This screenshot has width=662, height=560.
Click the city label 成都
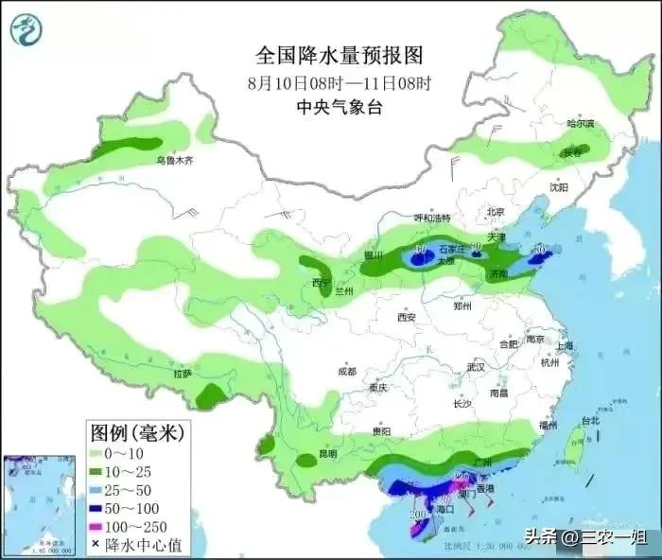coord(347,371)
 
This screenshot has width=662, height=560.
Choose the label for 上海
coord(566,346)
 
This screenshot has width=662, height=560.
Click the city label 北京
coord(497,211)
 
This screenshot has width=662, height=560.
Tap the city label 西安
coord(408,318)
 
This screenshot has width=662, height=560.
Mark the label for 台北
coord(589,420)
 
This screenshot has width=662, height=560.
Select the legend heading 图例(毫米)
coord(135,433)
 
